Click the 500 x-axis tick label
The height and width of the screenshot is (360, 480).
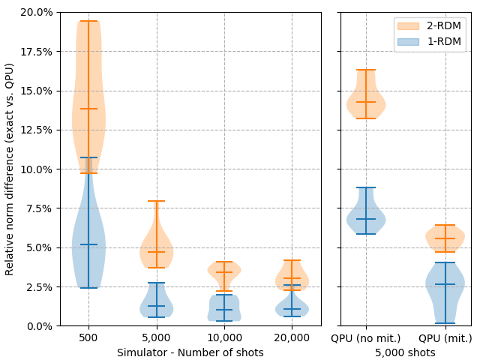point(88,338)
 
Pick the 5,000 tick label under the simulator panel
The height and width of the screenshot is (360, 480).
point(156,338)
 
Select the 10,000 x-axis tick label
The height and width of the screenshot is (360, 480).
point(223,338)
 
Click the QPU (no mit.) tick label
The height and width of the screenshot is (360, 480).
point(366,338)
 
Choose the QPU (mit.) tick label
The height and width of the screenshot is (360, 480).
point(445,338)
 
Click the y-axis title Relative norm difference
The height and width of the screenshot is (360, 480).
point(10,169)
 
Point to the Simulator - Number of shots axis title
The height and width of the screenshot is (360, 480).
point(190,352)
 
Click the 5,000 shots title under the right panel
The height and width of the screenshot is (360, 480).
point(405,352)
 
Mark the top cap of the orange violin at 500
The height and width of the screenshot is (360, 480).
point(88,21)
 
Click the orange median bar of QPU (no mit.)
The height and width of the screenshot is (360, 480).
point(366,102)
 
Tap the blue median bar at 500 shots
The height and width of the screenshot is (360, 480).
point(88,244)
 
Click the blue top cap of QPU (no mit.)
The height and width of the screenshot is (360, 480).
point(366,187)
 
